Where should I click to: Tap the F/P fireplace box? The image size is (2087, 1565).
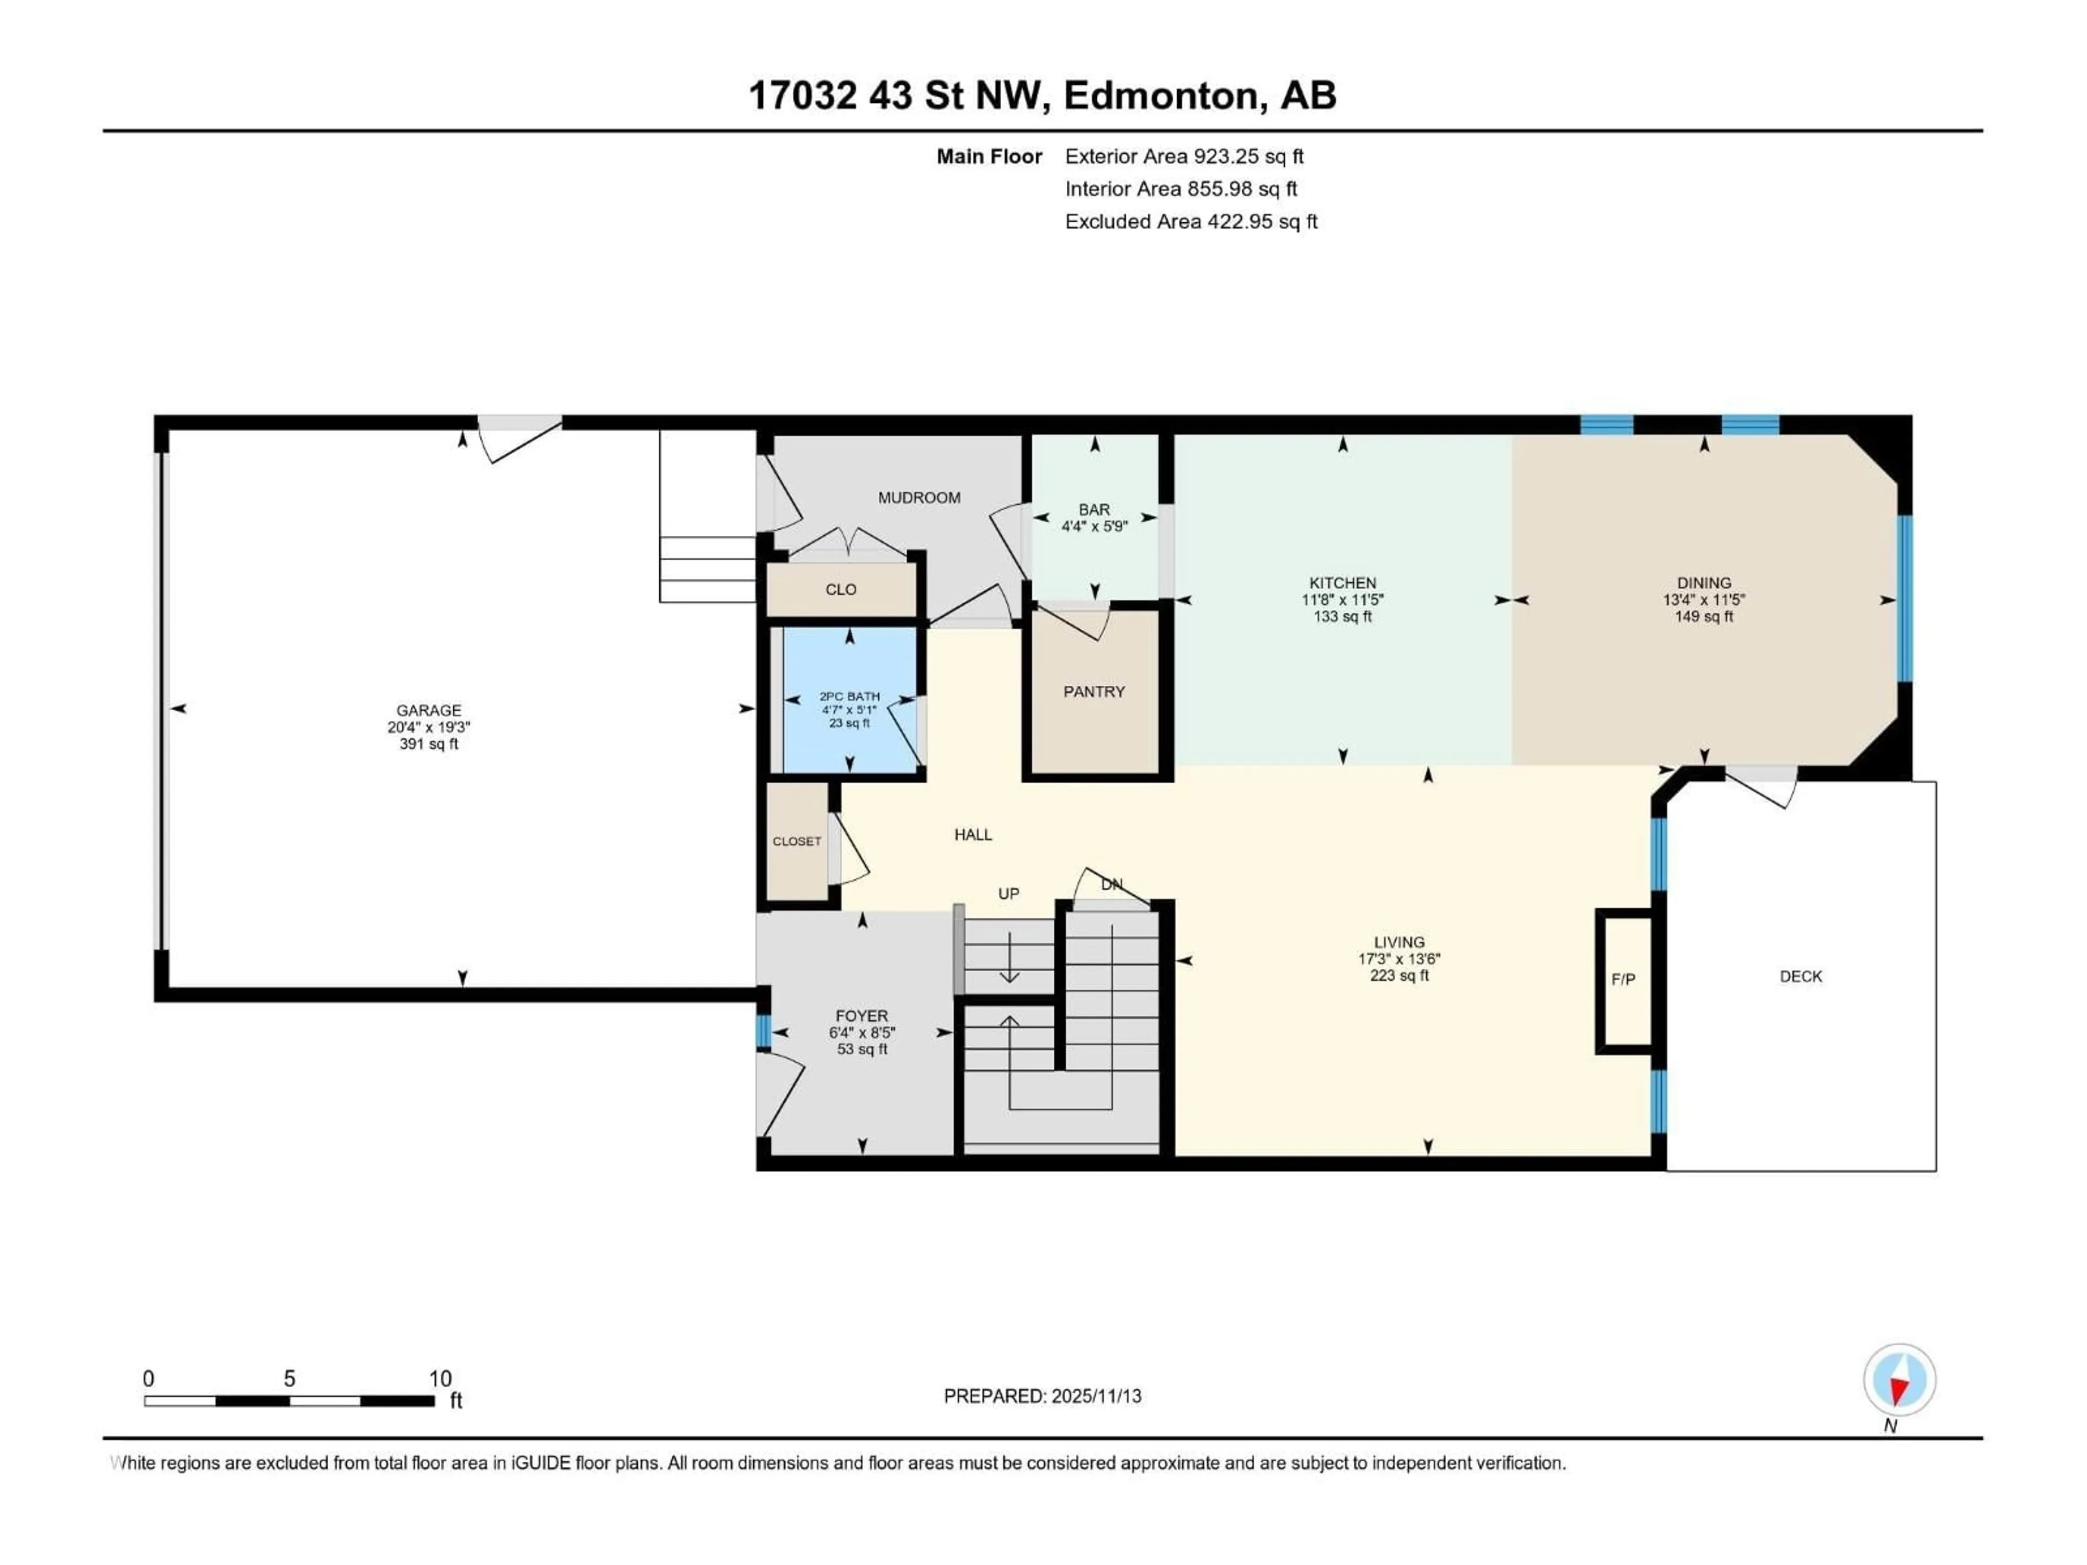(x=1623, y=980)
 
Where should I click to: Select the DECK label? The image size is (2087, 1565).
(x=1800, y=976)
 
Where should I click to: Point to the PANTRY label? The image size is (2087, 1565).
(x=1094, y=691)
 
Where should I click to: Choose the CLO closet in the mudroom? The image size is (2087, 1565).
(x=841, y=590)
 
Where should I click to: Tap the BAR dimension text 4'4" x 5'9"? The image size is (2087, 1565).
(x=1095, y=527)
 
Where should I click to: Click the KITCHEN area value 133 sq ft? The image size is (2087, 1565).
(x=1342, y=617)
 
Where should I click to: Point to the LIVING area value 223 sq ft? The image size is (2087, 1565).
(x=1398, y=975)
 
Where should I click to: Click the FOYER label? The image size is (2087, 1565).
(x=861, y=1016)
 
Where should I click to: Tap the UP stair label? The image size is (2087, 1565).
(x=1009, y=893)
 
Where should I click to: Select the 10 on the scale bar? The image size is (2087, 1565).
(x=440, y=1378)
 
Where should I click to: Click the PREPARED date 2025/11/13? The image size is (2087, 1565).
(x=1042, y=1396)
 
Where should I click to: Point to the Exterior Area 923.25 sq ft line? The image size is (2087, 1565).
(x=1184, y=156)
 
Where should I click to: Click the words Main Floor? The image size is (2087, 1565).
(x=989, y=156)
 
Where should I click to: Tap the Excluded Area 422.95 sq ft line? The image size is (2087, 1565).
(x=1191, y=222)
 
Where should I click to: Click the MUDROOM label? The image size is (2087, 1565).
(x=919, y=498)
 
